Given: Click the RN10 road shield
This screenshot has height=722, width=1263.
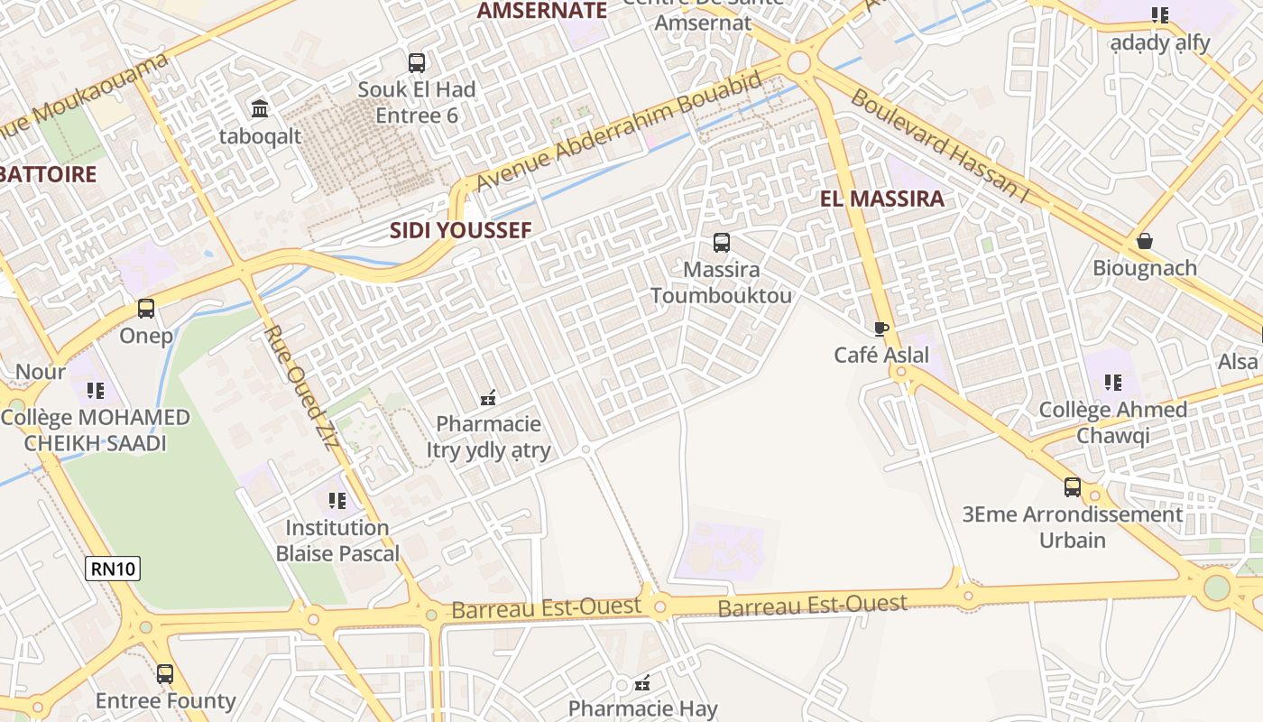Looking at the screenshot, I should pos(113,569).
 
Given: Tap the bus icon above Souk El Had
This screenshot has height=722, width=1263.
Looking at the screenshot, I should pos(416,63).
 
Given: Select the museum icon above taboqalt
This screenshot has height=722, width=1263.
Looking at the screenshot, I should pos(260,109).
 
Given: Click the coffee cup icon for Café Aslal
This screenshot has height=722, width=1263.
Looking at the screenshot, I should pos(881,329).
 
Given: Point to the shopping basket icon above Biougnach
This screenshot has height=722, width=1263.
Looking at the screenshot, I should pos(1144,241).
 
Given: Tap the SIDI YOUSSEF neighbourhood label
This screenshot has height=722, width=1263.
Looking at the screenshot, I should pos(460,230).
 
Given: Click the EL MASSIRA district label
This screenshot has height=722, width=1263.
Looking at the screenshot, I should pos(882,199).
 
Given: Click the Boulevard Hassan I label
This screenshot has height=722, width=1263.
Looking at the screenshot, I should pos(938,144).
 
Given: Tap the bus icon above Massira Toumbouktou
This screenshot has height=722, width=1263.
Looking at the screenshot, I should pos(721,243).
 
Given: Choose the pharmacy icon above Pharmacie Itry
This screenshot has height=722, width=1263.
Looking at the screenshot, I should pos(488,397).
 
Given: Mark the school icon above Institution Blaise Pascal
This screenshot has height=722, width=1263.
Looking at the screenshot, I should pos(337,501).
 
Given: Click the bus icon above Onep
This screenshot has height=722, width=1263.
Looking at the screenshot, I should pos(146,309).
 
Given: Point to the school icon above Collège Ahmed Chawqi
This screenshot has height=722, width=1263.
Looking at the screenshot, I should pos(1112,383).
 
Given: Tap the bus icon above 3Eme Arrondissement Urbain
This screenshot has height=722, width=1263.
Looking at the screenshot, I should pos(1072,487).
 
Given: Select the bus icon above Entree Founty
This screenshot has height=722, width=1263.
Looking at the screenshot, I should pos(165,674).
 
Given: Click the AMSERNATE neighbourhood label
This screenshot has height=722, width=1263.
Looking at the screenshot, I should pos(541,11).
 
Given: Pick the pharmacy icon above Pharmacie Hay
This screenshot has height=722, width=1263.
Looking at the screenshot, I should pos(642,683).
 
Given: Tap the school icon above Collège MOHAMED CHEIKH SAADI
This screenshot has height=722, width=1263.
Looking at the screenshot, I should pos(95,391).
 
